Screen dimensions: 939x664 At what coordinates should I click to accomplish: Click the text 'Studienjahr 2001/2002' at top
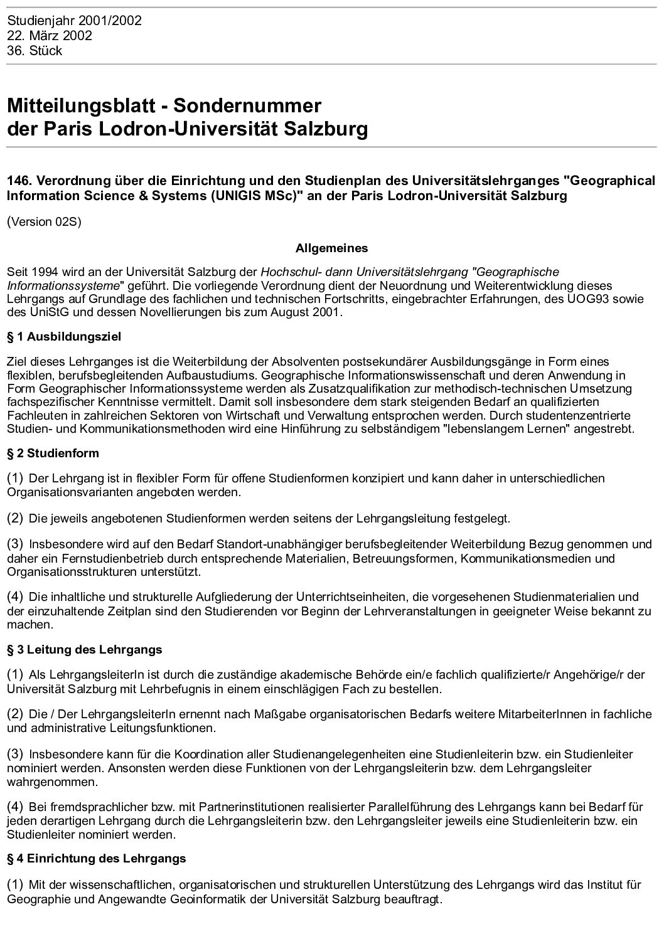coord(74,21)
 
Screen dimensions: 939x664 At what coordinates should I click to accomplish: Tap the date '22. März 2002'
coord(50,36)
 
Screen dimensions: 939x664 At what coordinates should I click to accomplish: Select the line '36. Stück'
coord(35,51)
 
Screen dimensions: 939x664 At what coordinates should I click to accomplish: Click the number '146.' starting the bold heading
coord(20,181)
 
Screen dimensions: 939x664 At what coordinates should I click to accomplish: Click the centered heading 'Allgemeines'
coord(331,248)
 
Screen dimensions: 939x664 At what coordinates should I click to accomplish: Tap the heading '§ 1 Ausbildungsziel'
coord(64,337)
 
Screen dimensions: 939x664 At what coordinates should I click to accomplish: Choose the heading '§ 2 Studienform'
coord(53,453)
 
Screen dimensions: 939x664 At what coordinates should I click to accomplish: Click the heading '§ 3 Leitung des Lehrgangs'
coord(85,649)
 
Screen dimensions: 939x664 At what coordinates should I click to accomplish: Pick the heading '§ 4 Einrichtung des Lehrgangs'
coord(97,858)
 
